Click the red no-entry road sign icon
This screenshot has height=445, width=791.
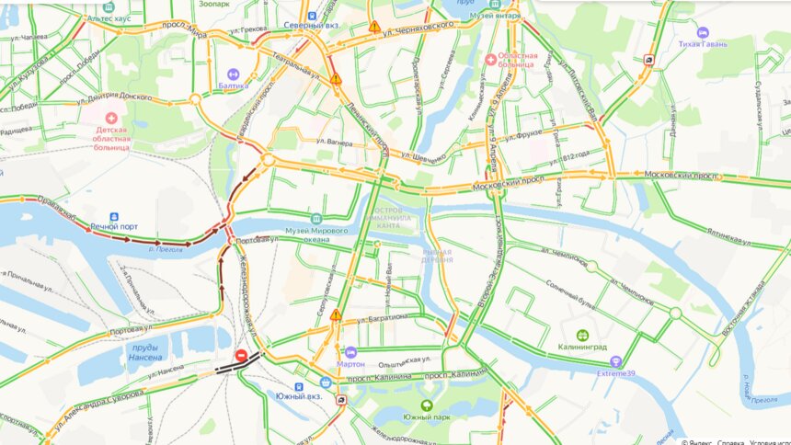(x=240, y=355)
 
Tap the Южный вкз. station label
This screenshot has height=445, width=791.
(x=299, y=395)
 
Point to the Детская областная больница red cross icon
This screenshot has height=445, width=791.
(x=111, y=119)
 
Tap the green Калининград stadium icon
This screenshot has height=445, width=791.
(x=581, y=336)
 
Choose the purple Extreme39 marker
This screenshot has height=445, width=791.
(x=616, y=361)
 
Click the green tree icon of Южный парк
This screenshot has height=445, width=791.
(x=426, y=405)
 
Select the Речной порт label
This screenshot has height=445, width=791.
(x=114, y=224)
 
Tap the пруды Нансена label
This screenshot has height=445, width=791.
(x=145, y=353)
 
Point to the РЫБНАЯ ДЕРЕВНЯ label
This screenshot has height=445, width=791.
(x=438, y=256)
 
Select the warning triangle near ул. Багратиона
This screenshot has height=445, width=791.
(x=336, y=314)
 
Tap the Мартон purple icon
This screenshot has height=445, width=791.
(x=350, y=351)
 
